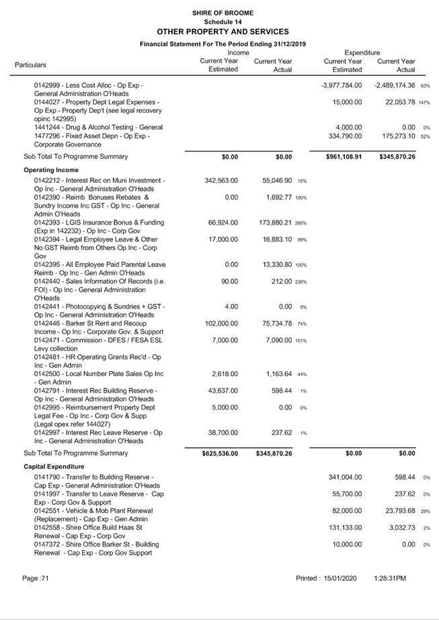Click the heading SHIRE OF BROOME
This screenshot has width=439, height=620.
click(222, 13)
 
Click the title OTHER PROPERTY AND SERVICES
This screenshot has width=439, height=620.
click(223, 32)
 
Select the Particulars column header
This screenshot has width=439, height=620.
click(31, 65)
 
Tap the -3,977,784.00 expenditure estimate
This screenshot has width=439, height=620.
click(342, 85)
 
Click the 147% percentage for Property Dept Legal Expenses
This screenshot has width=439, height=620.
click(424, 103)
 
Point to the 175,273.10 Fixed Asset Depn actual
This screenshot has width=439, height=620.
click(396, 137)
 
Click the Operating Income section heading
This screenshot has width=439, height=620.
click(51, 170)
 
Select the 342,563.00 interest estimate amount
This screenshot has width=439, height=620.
click(221, 181)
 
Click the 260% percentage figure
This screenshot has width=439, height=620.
click(301, 223)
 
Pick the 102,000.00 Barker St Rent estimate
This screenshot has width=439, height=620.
click(221, 323)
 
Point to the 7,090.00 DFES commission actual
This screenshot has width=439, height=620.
click(277, 340)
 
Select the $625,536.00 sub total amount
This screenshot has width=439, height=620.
click(220, 454)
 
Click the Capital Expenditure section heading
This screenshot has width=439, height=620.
click(55, 466)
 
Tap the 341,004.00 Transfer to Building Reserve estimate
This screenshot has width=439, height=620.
click(343, 477)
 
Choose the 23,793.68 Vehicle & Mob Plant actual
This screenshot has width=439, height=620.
click(396, 511)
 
